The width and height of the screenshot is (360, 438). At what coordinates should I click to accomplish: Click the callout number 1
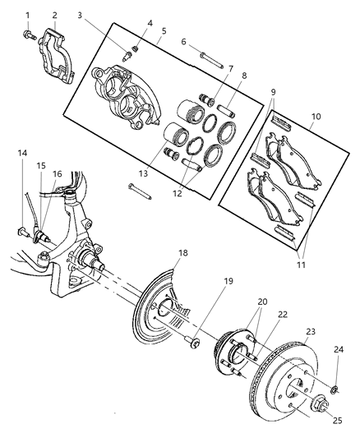[x=27, y=15]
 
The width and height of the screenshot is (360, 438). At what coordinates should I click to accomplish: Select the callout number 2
[x=54, y=15]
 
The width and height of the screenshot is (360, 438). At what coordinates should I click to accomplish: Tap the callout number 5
[x=164, y=31]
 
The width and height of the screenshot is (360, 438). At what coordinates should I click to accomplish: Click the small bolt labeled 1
[x=27, y=35]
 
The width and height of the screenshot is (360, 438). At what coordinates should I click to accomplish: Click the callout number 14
[x=22, y=153]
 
